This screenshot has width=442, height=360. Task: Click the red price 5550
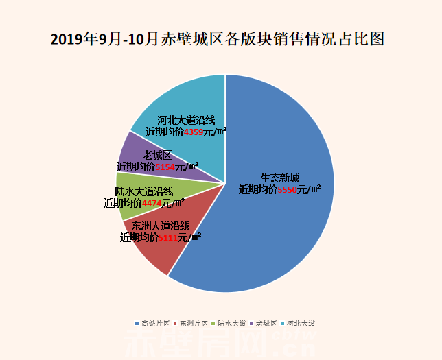click(287, 189)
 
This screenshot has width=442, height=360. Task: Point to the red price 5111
click(168, 237)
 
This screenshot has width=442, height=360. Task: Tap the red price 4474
click(151, 203)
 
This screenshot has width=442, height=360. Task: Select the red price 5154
click(165, 166)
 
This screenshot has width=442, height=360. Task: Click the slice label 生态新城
click(280, 177)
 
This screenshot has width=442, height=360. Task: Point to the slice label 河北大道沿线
click(185, 119)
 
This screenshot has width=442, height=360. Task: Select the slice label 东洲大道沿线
click(161, 226)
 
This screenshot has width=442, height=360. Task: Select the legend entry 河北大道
click(301, 322)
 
